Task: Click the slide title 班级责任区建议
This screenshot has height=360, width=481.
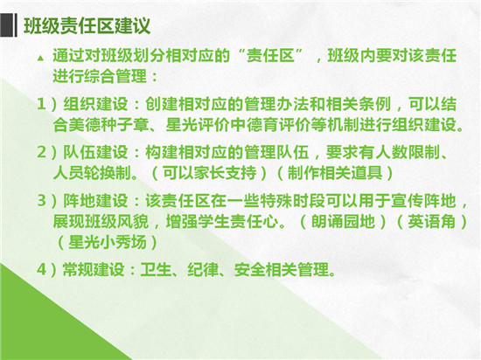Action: pyautogui.click(x=87, y=25)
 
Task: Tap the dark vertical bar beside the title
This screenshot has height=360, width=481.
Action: pyautogui.click(x=8, y=25)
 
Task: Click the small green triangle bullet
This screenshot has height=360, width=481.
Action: pyautogui.click(x=40, y=58)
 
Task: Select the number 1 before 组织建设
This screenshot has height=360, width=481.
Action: pyautogui.click(x=41, y=104)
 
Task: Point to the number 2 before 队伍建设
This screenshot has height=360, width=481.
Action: pyautogui.click(x=41, y=152)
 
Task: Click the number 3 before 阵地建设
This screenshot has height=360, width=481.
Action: pyautogui.click(x=41, y=201)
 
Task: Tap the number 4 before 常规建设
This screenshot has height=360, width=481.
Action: pyautogui.click(x=41, y=269)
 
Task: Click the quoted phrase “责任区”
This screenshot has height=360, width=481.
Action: pyautogui.click(x=271, y=56)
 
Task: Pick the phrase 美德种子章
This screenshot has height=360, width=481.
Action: pyautogui.click(x=108, y=124)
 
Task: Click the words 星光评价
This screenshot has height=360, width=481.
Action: pyautogui.click(x=198, y=124)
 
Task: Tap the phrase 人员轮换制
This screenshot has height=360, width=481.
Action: pyautogui.click(x=93, y=173)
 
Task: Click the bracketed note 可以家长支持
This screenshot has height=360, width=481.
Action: pyautogui.click(x=210, y=173)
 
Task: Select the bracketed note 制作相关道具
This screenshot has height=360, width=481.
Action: pyautogui.click(x=335, y=173)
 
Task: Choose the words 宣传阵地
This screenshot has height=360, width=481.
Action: pyautogui.click(x=423, y=201)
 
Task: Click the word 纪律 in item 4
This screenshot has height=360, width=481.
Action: pyautogui.click(x=203, y=269)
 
